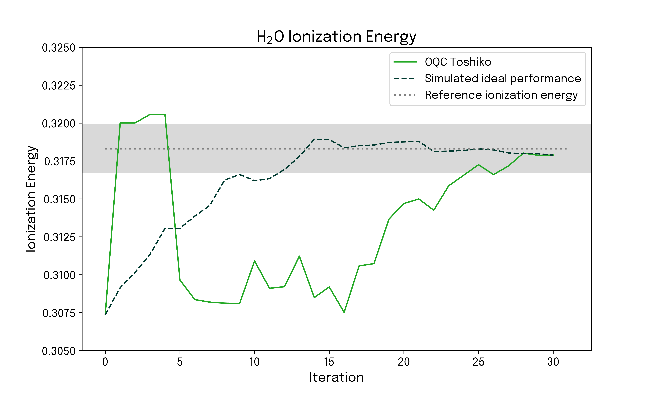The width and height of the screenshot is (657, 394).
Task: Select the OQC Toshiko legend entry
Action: [x=458, y=62]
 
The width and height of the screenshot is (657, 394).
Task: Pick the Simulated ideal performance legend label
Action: [x=503, y=79]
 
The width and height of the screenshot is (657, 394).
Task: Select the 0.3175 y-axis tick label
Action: [x=60, y=161]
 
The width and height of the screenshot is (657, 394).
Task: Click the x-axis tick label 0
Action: [x=105, y=362]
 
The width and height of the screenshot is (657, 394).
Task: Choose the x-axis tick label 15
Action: [x=329, y=362]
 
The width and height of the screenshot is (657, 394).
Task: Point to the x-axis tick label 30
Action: [x=553, y=362]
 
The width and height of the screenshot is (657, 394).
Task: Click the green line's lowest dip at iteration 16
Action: [x=344, y=312]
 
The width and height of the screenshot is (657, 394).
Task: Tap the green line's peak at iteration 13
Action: [x=299, y=256]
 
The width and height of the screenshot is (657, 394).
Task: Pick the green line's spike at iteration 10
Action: [x=254, y=261]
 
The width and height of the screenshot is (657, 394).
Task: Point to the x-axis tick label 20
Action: [x=404, y=362]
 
